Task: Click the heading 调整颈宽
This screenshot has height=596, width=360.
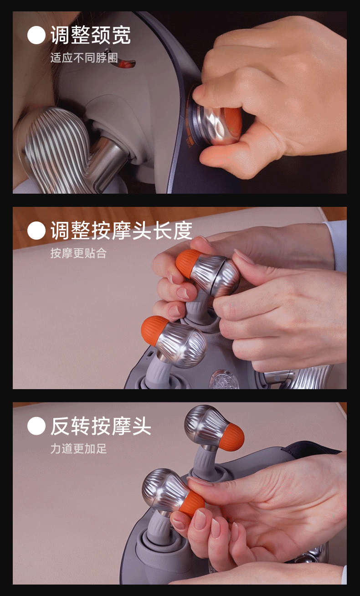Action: (91, 35)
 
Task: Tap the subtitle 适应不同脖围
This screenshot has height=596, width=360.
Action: (84, 58)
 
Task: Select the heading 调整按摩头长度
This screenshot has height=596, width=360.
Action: (121, 230)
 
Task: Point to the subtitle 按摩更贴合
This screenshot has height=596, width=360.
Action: (78, 253)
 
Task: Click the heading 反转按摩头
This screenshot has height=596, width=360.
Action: (101, 426)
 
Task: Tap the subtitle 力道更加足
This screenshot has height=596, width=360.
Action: (78, 449)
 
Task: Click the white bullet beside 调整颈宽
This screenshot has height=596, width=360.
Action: (36, 35)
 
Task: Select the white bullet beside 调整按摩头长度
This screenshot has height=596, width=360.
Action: (36, 231)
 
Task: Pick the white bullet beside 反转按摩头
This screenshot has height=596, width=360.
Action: (36, 426)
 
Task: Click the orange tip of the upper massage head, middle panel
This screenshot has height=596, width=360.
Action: (188, 263)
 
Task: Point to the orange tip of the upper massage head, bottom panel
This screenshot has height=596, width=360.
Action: (233, 437)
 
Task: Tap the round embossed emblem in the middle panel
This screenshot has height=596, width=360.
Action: (223, 379)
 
